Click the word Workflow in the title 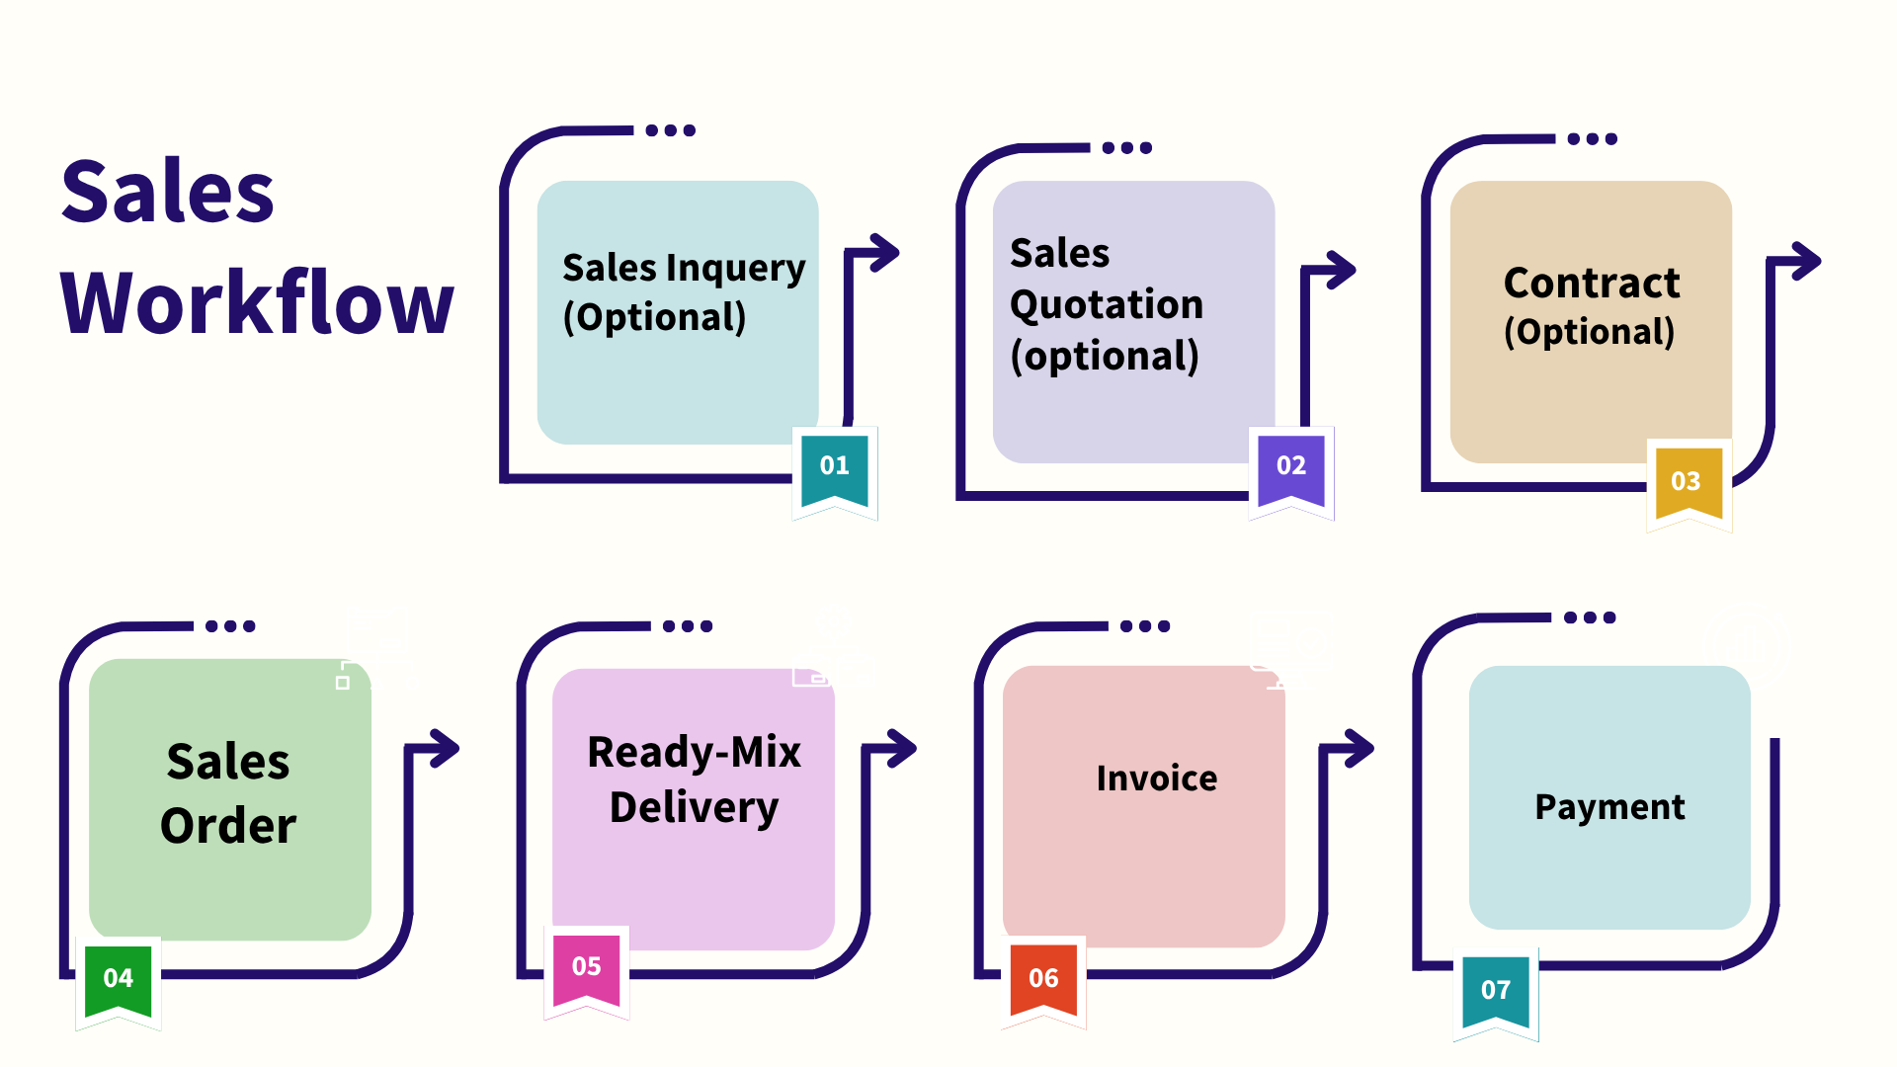tap(257, 303)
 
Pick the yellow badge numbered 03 tap(1686, 482)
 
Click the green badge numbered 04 tap(119, 979)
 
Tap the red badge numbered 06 tap(1043, 979)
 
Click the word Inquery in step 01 tap(736, 268)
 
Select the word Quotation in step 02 tap(1107, 305)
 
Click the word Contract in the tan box tap(1591, 284)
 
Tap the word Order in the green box tap(228, 826)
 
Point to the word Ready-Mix tap(694, 753)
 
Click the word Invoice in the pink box tap(1157, 779)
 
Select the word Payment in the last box tap(1609, 807)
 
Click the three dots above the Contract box tap(1593, 139)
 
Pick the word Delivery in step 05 tap(694, 808)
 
